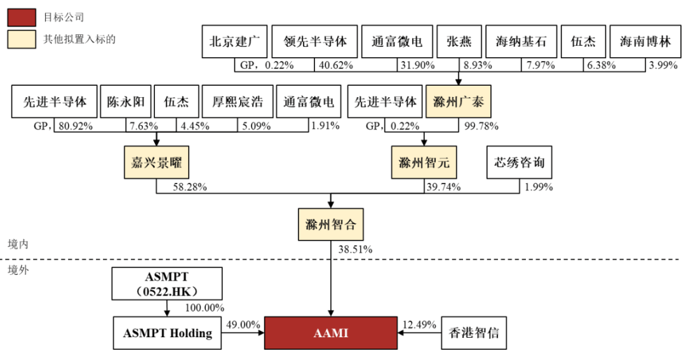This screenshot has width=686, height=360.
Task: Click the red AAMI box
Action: (x=330, y=333)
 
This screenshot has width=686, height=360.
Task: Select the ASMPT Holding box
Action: (x=168, y=333)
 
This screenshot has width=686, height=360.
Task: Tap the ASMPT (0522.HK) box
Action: (x=168, y=283)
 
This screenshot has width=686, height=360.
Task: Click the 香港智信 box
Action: (x=474, y=333)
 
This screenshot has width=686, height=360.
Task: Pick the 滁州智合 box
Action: (x=330, y=224)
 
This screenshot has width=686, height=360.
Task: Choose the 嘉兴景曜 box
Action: (x=156, y=163)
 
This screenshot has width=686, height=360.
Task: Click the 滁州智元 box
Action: (x=424, y=163)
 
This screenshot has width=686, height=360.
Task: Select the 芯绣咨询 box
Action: (x=519, y=163)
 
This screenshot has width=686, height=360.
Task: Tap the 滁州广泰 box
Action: (x=459, y=102)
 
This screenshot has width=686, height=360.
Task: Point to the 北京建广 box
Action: (x=234, y=42)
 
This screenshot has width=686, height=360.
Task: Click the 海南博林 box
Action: (x=645, y=42)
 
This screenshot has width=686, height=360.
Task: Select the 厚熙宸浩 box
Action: (x=238, y=102)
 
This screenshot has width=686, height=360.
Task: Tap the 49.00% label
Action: (x=242, y=324)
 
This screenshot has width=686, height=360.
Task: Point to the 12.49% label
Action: (x=419, y=324)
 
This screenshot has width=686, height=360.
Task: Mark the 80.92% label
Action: (x=76, y=126)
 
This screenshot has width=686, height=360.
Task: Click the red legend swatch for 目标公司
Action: (x=22, y=17)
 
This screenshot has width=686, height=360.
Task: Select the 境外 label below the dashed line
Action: (x=18, y=270)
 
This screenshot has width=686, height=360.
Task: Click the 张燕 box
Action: (x=459, y=42)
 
